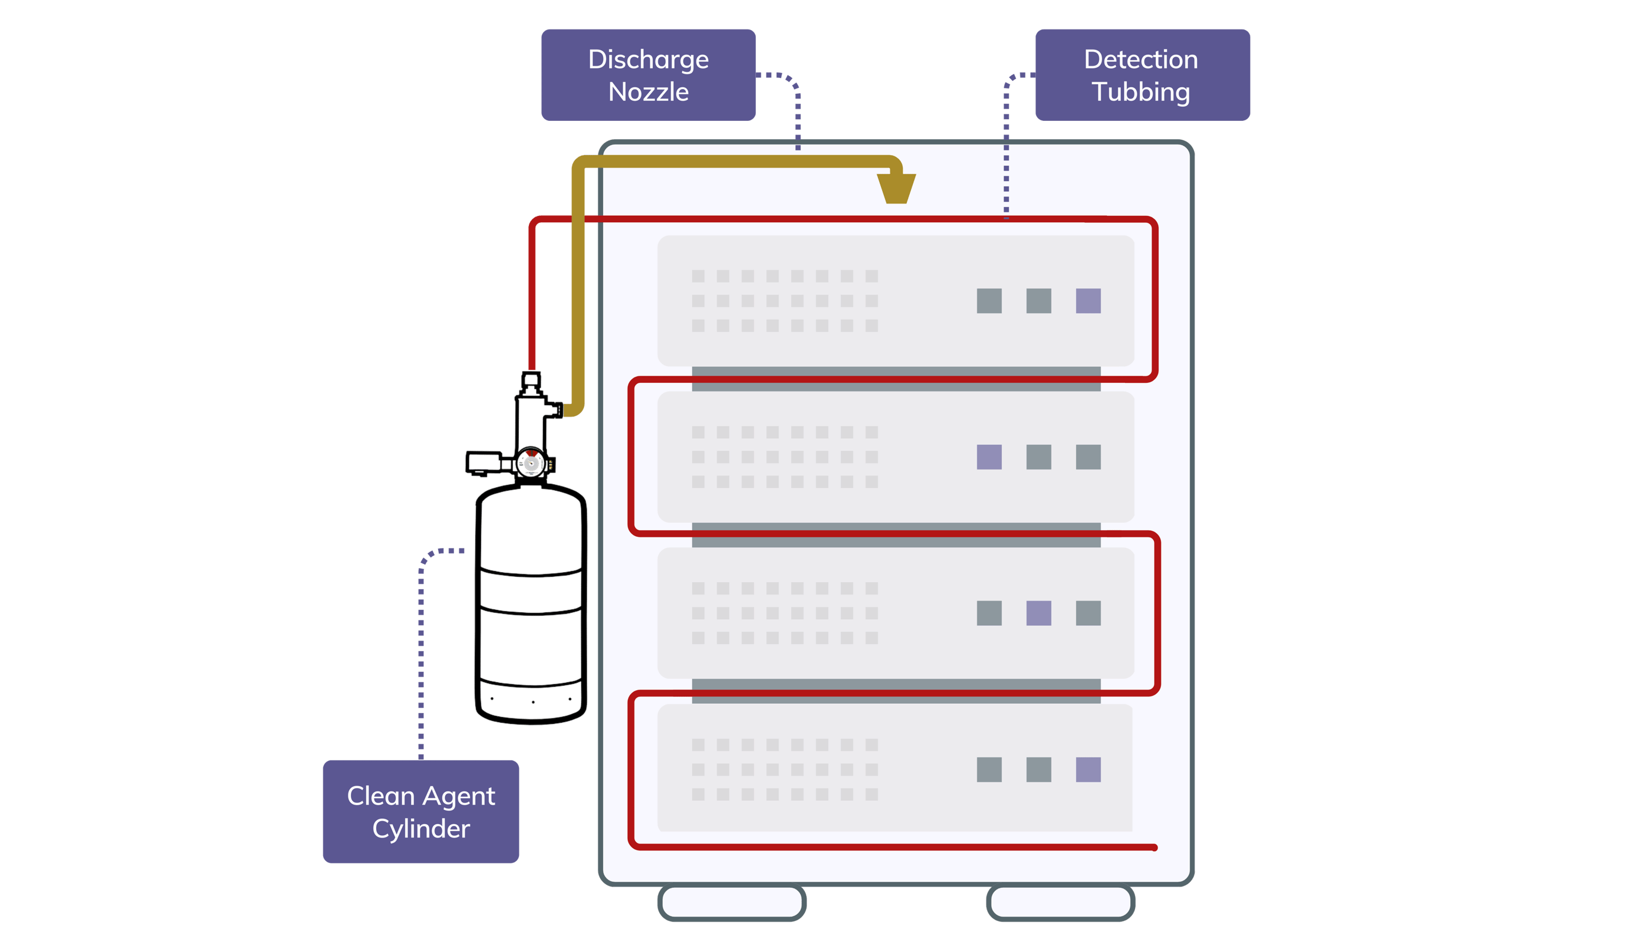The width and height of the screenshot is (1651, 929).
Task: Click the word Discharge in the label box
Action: click(648, 60)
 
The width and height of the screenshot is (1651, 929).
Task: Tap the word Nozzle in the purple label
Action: click(648, 93)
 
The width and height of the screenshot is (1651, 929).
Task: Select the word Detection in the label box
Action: click(1140, 60)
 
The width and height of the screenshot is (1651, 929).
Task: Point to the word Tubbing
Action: click(1140, 93)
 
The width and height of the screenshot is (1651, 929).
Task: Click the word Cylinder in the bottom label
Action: click(421, 829)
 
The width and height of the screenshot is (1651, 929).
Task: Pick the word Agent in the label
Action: click(458, 796)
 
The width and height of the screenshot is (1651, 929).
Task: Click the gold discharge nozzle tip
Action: click(895, 189)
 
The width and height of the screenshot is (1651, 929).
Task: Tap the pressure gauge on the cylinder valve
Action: click(530, 463)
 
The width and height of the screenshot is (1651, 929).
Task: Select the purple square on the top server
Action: click(1088, 301)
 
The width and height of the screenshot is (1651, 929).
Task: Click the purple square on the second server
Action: click(989, 457)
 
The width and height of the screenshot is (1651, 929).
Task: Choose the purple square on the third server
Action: click(1038, 613)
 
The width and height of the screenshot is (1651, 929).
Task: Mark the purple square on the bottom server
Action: click(1088, 769)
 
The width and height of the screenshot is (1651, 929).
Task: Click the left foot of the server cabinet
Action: click(732, 902)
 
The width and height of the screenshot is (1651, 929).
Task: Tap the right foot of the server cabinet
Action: click(1060, 902)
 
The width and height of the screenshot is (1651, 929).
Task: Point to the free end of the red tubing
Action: click(1154, 848)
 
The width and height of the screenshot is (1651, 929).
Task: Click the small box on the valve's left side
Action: click(484, 462)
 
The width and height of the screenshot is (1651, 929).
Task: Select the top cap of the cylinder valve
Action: click(531, 379)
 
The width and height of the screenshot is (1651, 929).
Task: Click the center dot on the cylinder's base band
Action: click(532, 702)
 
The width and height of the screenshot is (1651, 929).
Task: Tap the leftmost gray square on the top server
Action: click(989, 301)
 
